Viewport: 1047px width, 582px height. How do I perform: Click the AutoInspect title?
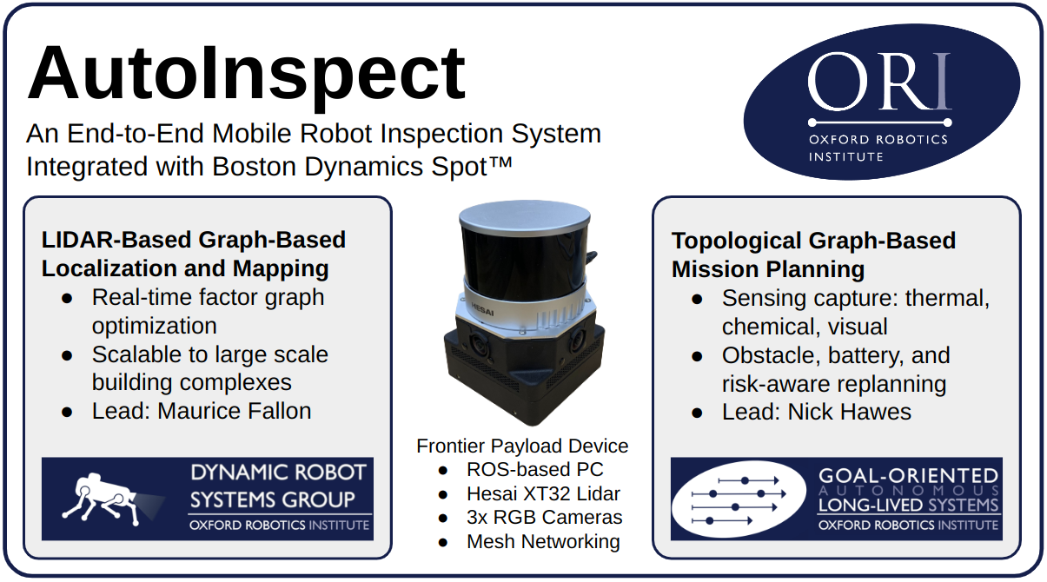(x=246, y=74)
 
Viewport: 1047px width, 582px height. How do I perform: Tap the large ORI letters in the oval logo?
(x=879, y=81)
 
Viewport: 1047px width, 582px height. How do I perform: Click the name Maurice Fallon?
(x=235, y=412)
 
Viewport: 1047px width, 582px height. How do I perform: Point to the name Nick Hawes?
(x=849, y=413)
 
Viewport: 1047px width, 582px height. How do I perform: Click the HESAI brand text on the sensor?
(x=482, y=309)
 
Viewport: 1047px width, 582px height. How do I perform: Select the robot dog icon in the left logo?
(x=112, y=500)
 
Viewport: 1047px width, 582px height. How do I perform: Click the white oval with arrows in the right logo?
(x=739, y=499)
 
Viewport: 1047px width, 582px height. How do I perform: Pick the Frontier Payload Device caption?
(x=522, y=446)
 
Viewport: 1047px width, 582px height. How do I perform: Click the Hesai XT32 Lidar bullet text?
(x=543, y=493)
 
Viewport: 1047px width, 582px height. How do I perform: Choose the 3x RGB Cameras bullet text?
(x=545, y=518)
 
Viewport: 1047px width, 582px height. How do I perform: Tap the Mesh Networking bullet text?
(x=543, y=542)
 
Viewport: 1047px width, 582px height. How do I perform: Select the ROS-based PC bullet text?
(x=534, y=469)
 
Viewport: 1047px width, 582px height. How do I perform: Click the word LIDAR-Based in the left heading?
(x=116, y=241)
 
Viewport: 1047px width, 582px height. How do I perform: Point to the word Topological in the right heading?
(x=737, y=241)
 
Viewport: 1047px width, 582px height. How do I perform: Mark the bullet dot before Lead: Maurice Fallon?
(x=67, y=413)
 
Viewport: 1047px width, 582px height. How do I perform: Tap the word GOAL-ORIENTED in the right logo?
(x=908, y=476)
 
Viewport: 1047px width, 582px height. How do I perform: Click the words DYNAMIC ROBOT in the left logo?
(x=278, y=473)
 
